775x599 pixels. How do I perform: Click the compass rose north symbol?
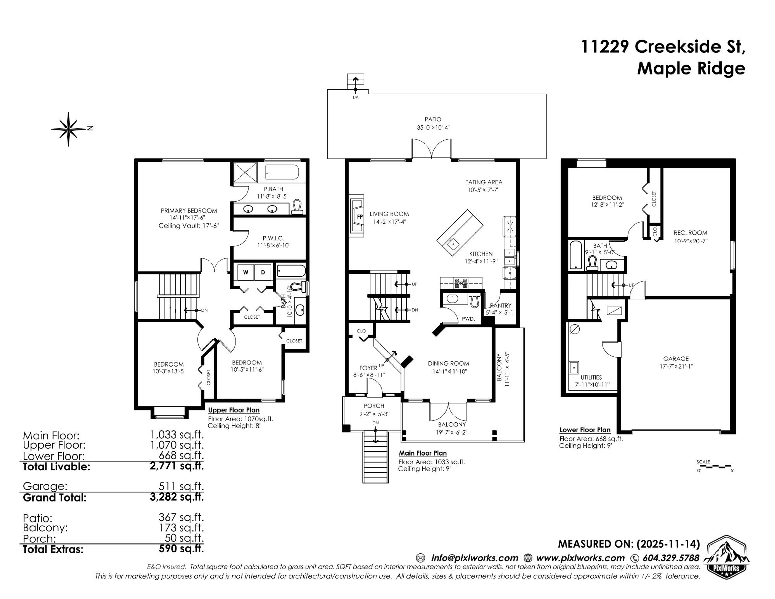click(68, 129)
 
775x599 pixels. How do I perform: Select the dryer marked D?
click(263, 272)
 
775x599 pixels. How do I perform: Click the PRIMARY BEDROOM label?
click(189, 211)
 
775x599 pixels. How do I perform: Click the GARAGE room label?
click(676, 359)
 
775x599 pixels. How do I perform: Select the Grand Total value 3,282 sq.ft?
click(177, 497)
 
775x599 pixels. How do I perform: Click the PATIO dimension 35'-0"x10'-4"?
click(433, 127)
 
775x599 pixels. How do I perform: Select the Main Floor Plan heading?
click(423, 453)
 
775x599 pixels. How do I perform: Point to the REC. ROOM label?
click(690, 233)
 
